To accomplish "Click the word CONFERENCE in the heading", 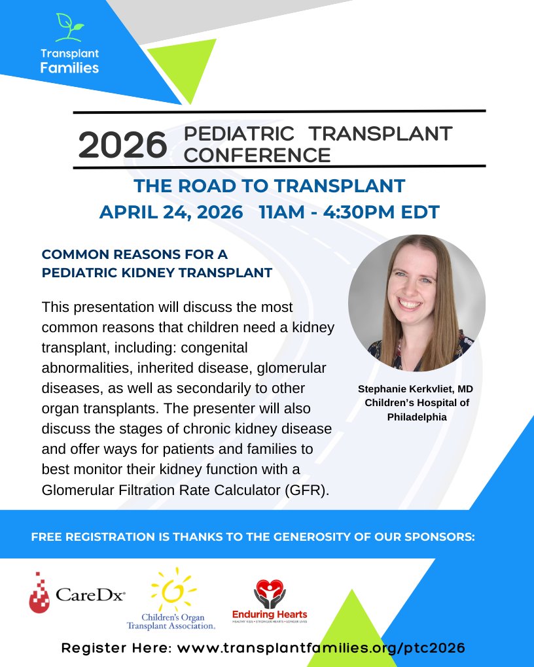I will [257, 155].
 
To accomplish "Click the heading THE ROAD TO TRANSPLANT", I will [269, 186].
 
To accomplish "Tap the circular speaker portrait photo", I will [417, 303].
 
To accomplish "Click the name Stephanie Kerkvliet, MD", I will [416, 389].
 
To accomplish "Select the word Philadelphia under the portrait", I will [416, 415].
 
